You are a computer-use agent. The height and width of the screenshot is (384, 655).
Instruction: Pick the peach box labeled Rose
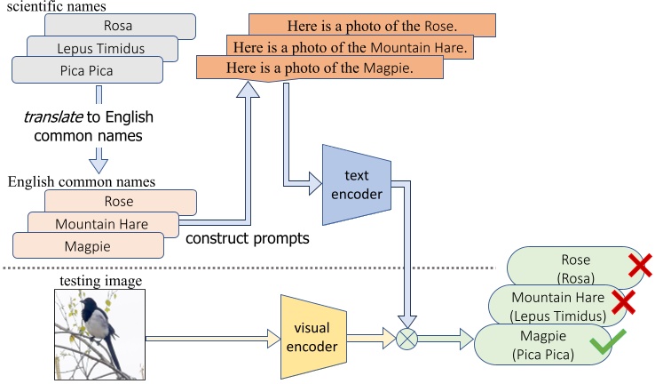coord(118,202)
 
